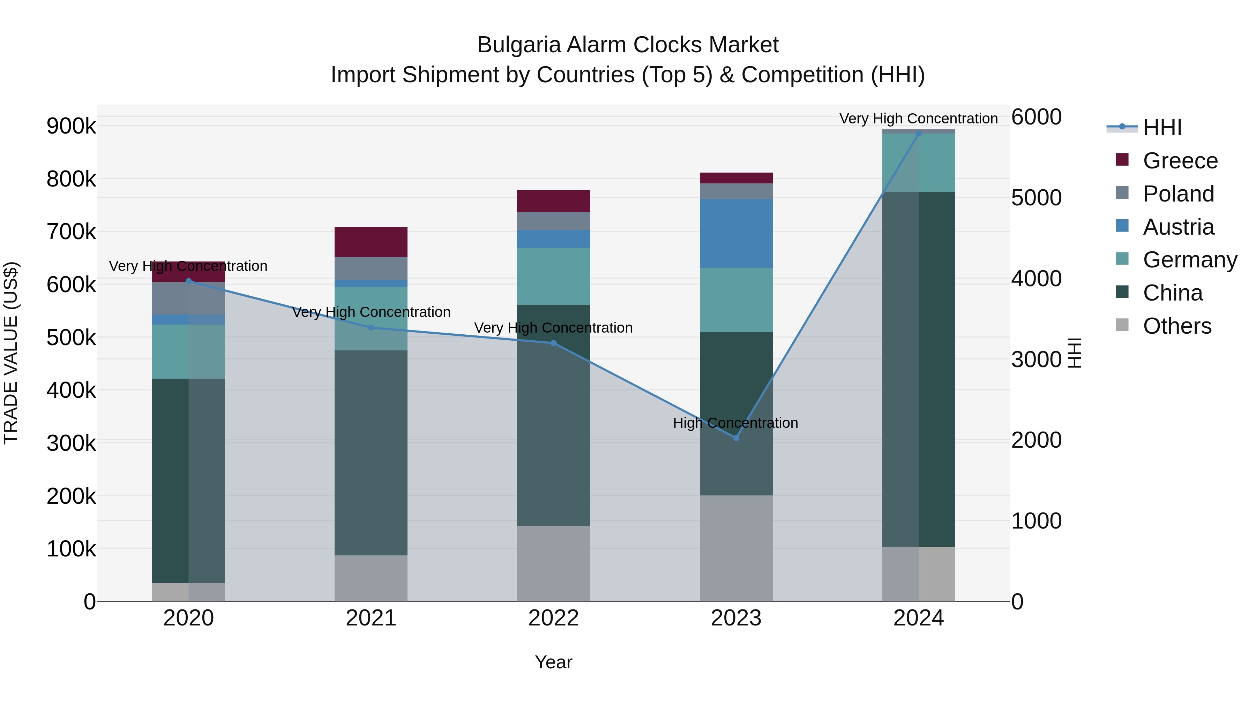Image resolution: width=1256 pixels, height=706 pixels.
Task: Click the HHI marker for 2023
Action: [x=736, y=438]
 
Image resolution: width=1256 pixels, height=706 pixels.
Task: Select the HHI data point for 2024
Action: [x=919, y=133]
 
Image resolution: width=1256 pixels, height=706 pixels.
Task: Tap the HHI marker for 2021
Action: [x=371, y=328]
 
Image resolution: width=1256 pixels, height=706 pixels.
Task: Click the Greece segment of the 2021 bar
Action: [x=371, y=242]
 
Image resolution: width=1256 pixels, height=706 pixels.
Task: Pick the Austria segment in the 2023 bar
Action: [x=736, y=233]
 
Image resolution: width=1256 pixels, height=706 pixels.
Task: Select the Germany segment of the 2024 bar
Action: [x=919, y=163]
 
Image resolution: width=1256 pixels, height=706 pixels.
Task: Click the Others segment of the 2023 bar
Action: [x=736, y=548]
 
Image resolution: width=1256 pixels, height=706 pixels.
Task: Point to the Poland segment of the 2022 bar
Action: [x=553, y=221]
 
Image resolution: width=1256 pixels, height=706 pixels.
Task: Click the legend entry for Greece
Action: [x=1180, y=161]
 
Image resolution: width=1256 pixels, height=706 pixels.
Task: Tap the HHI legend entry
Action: [x=1162, y=128]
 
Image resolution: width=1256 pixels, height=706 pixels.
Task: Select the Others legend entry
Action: [x=1177, y=326]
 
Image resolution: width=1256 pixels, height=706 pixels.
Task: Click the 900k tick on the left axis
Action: [x=71, y=126]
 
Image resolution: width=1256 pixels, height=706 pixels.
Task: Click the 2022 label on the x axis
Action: [x=553, y=618]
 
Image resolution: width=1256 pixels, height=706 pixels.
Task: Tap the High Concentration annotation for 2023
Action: [x=735, y=423]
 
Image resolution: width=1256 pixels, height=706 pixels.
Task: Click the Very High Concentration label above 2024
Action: [x=918, y=119]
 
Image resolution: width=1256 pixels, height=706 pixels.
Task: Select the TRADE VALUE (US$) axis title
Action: [x=11, y=353]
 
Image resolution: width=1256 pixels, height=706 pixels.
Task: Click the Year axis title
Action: [x=553, y=662]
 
